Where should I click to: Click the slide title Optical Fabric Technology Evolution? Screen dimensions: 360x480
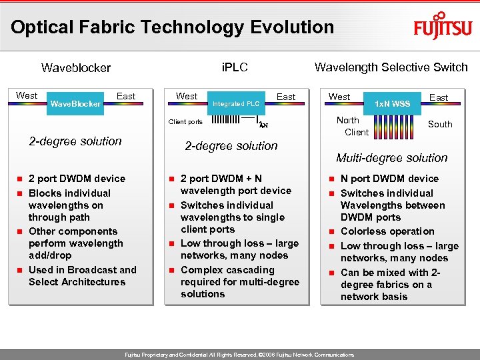tap(172, 27)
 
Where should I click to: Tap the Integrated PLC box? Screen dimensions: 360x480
tap(235, 103)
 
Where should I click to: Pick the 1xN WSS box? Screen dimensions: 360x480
tap(392, 104)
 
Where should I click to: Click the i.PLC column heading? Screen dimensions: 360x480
tap(234, 67)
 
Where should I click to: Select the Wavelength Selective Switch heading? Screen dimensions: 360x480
tap(391, 67)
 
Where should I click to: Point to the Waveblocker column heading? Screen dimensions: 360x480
tap(76, 67)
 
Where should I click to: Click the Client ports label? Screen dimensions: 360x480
tap(185, 122)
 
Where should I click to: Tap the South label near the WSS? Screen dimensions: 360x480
tap(439, 124)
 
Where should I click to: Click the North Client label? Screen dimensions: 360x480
tap(351, 126)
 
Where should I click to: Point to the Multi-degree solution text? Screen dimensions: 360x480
tap(391, 158)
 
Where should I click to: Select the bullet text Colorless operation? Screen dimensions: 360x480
tap(387, 231)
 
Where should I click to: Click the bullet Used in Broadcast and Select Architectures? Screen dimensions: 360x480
tap(82, 276)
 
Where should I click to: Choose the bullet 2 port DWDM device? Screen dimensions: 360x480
tap(77, 179)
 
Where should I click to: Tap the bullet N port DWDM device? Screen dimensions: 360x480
tap(389, 179)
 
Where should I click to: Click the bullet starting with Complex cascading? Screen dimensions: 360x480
tap(239, 282)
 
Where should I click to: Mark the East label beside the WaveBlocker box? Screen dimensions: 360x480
tap(126, 96)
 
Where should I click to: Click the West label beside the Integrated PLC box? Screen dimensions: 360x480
tap(187, 96)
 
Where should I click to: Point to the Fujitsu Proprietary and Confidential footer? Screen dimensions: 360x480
tap(239, 354)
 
